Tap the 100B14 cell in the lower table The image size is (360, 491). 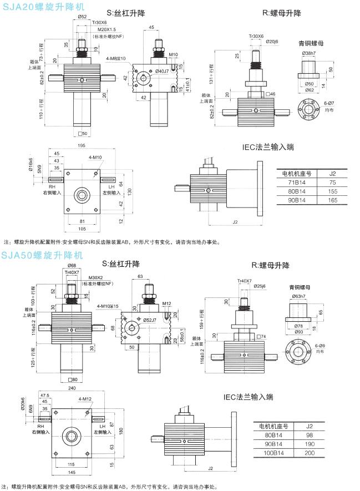(x=277, y=453)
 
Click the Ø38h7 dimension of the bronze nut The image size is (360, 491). (x=310, y=53)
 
